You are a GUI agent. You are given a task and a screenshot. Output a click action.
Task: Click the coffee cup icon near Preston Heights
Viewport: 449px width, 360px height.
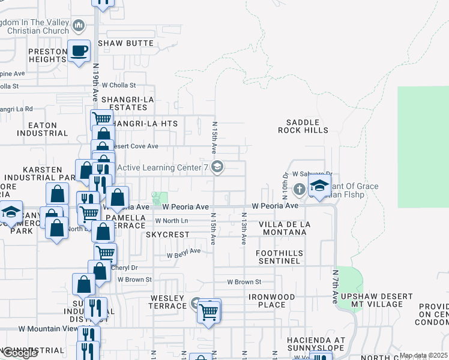tap(79, 50)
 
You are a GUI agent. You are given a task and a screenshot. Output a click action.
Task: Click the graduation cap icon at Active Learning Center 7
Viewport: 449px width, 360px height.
tap(218, 167)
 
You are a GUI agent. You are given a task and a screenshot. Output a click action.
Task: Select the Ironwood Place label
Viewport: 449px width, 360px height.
tap(272, 301)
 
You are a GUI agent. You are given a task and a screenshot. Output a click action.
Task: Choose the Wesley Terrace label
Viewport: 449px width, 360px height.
tap(167, 302)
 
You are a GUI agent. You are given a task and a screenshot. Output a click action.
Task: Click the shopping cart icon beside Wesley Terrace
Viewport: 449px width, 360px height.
tap(208, 310)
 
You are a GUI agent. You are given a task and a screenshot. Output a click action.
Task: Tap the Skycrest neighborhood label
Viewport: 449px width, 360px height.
tap(167, 235)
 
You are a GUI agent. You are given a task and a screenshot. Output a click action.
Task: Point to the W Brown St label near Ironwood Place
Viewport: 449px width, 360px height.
tap(244, 281)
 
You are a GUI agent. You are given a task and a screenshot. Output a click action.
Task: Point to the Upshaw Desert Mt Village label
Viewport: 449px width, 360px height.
tap(376, 301)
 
